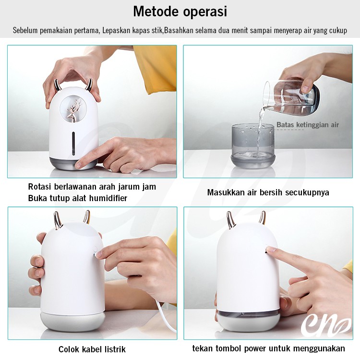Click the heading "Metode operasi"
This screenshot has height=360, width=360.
(180, 12)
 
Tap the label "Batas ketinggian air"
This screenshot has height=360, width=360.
(307, 125)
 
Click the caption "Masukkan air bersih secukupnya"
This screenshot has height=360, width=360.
(268, 192)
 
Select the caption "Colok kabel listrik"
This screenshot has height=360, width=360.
(92, 349)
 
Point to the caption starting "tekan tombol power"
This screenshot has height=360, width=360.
(268, 348)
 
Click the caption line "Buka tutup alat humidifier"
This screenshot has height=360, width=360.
(77, 198)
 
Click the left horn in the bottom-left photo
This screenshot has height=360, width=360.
(58, 220)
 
